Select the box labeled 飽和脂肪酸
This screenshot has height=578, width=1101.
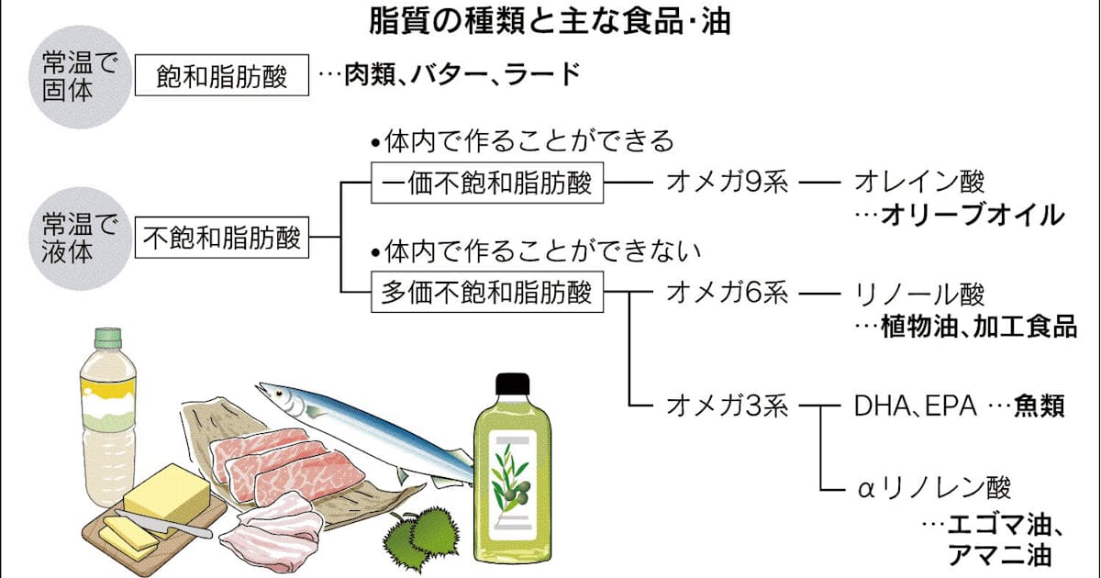pyautogui.click(x=221, y=77)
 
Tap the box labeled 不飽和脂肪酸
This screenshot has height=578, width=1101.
pyautogui.click(x=222, y=239)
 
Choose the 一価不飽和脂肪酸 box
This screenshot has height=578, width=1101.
pyautogui.click(x=487, y=184)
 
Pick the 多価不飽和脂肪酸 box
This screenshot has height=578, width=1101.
pyautogui.click(x=486, y=294)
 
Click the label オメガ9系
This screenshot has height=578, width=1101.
pyautogui.click(x=727, y=183)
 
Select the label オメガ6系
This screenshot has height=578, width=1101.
pyautogui.click(x=727, y=294)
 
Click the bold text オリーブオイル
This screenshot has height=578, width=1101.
pyautogui.click(x=973, y=216)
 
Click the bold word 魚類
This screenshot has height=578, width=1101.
pyautogui.click(x=1039, y=406)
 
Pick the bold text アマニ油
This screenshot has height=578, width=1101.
pyautogui.click(x=1000, y=555)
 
